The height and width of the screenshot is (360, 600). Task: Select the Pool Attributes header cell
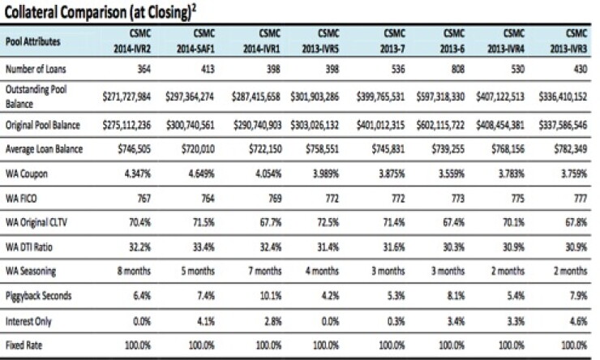[33, 41]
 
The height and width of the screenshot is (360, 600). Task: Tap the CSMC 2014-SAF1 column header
[195, 41]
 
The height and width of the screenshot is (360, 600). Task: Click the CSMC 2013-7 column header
[392, 41]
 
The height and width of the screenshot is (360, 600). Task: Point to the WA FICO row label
[21, 199]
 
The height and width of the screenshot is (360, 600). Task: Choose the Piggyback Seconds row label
[38, 296]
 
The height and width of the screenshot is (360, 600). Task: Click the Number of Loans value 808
[457, 69]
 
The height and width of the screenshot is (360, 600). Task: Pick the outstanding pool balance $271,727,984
[126, 96]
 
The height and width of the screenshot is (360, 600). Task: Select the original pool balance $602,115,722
[440, 125]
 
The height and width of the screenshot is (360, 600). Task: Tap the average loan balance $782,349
[571, 149]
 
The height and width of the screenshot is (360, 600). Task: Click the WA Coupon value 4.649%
[201, 174]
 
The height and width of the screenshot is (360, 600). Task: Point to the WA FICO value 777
[580, 199]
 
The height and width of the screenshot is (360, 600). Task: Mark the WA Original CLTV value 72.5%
[328, 222]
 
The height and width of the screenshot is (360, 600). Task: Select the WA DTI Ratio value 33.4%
[204, 246]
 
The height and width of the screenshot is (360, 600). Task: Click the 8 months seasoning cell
[134, 272]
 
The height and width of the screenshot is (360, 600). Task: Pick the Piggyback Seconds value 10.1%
[271, 296]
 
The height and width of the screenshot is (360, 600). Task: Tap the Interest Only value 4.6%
[578, 321]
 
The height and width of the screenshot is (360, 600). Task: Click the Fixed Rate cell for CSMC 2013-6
[452, 345]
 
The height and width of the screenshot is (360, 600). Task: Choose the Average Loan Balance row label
[44, 149]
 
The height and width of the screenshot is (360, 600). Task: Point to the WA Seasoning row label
[31, 272]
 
